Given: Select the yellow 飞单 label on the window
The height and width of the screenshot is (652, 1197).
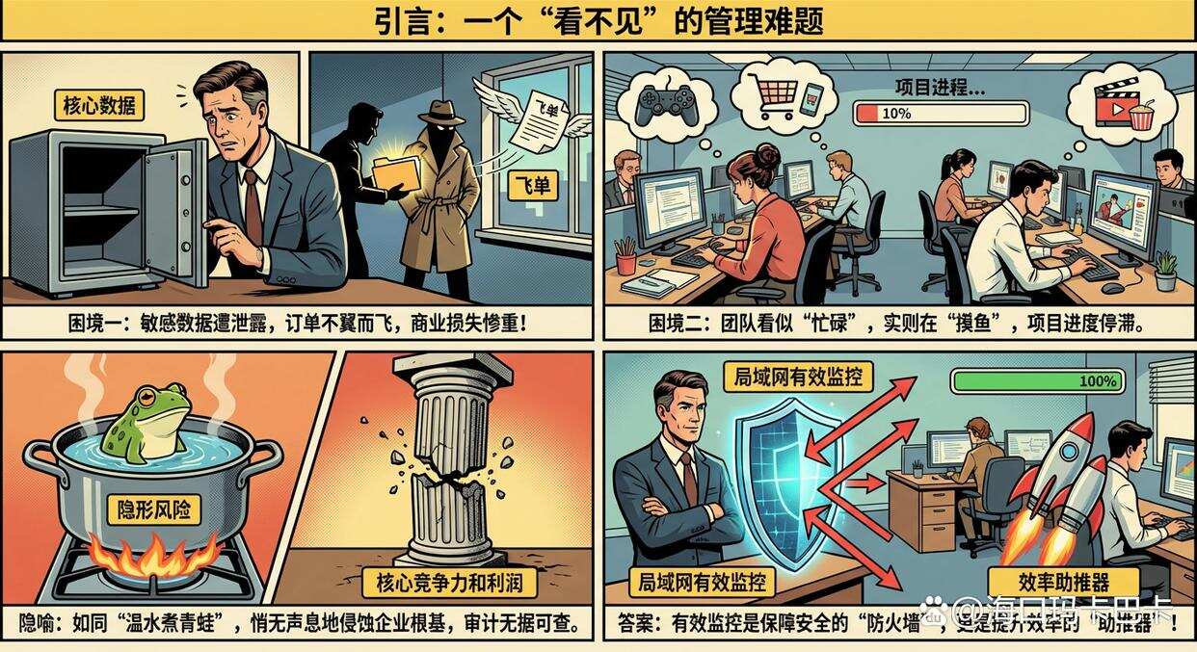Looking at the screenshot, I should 533,186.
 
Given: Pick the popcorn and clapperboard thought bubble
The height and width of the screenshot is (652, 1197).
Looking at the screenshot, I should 1123,103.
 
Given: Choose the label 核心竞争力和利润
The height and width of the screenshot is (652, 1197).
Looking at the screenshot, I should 448,583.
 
